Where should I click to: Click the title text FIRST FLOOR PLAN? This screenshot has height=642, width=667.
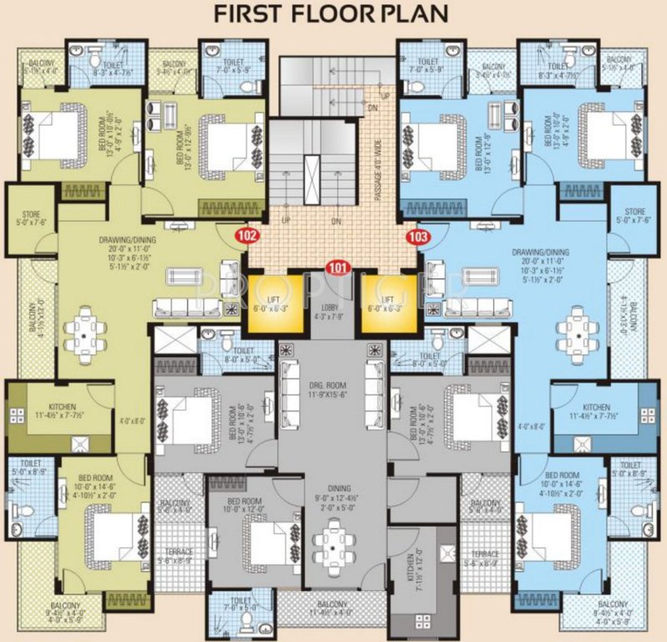click(x=333, y=14)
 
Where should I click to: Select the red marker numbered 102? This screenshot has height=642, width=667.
click(x=247, y=237)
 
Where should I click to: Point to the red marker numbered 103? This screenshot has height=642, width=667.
click(x=418, y=237)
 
